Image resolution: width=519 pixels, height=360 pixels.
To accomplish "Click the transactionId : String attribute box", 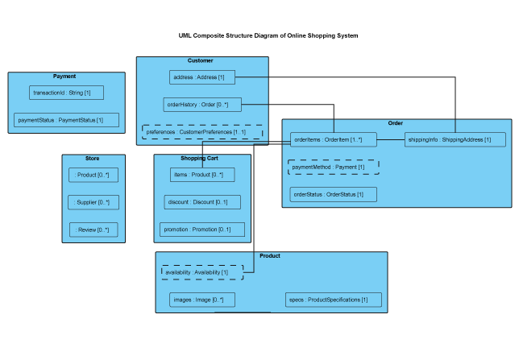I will coord(66,93).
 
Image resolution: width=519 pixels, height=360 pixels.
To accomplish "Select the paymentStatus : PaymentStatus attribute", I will coord(66,120).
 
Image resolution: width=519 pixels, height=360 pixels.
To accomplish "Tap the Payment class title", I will coord(64,77).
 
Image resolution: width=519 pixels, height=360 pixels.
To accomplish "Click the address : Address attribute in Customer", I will coord(202,77).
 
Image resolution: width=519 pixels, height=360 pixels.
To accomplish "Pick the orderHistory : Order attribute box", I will coord(202,105).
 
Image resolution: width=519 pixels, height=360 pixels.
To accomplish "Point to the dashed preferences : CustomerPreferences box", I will coord(202,132).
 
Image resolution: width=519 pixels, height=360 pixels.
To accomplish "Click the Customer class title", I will coord(201,61).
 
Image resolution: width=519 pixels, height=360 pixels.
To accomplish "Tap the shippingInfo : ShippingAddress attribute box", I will coord(455,139).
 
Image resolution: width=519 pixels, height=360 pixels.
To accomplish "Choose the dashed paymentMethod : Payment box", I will coord(333,167).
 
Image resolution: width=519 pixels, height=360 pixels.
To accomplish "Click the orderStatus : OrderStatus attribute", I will coord(333,194).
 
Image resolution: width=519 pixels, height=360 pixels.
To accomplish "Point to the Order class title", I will coord(396,123).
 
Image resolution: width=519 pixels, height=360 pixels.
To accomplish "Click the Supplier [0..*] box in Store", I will coord(93,202).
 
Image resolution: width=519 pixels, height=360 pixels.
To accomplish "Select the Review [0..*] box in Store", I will coord(93,230).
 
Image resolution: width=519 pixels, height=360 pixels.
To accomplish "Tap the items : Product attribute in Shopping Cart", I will coord(202,175).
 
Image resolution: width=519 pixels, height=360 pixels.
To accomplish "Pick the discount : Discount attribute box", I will coord(202,202).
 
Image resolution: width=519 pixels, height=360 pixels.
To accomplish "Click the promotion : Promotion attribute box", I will coord(202,230).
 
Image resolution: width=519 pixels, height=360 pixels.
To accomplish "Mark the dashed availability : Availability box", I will coord(201,272).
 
